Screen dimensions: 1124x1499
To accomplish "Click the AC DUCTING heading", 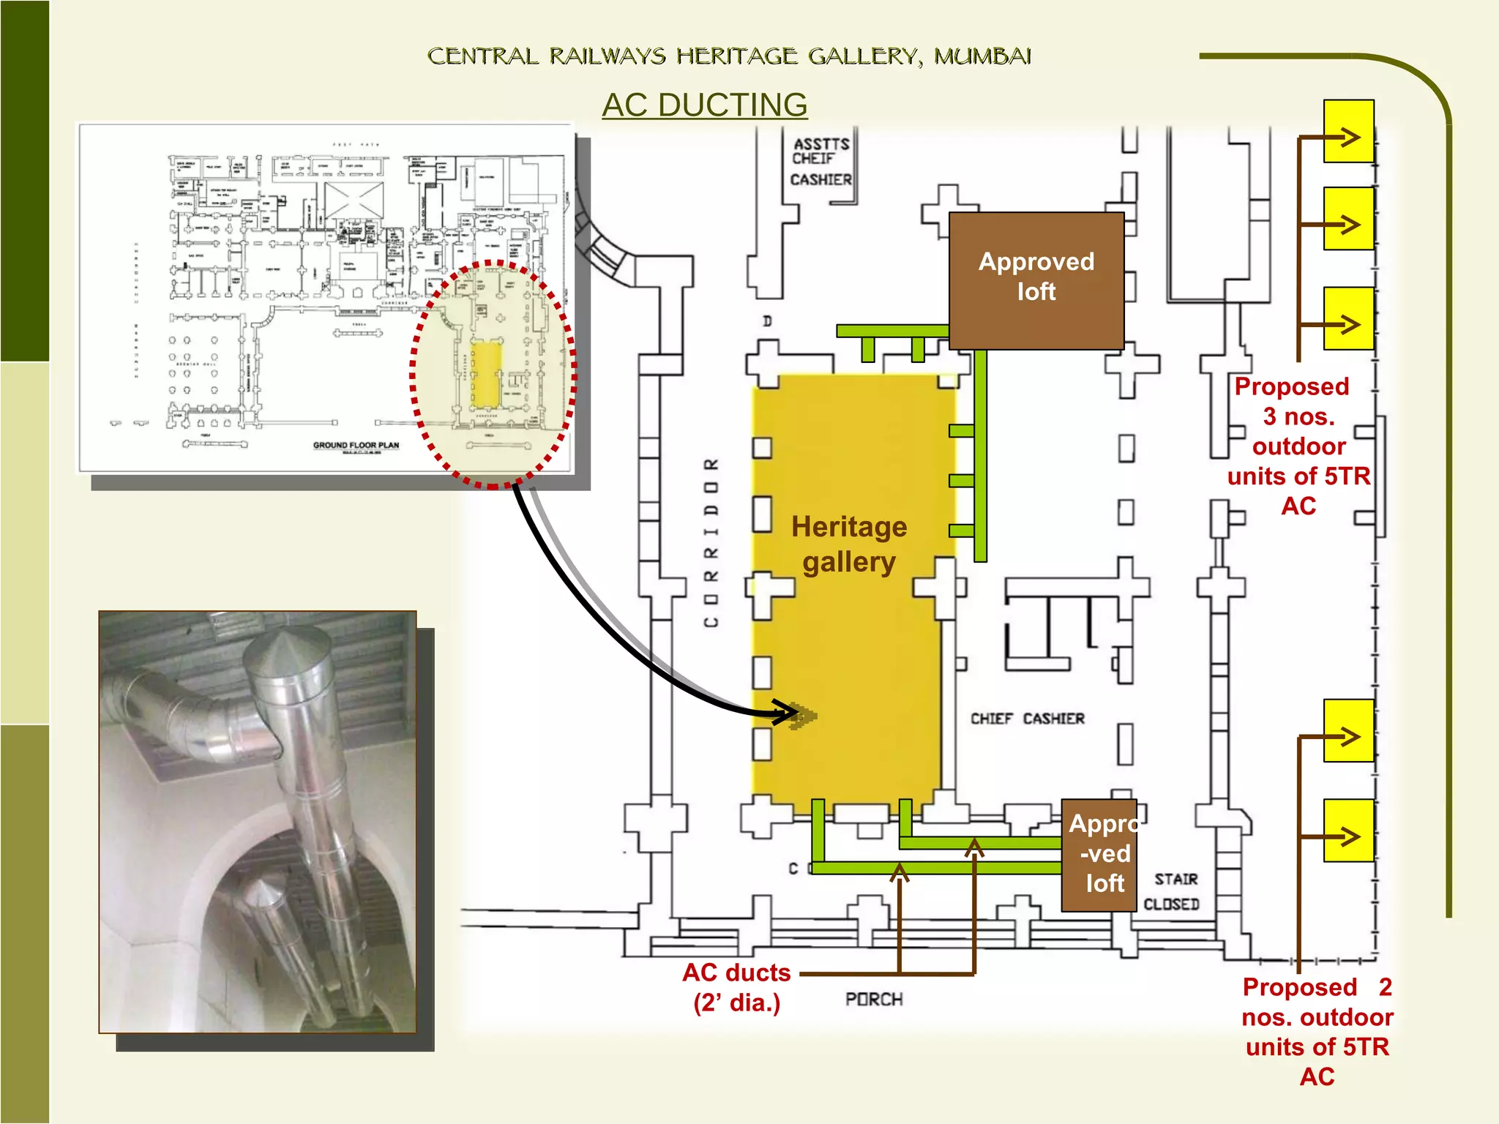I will [704, 105].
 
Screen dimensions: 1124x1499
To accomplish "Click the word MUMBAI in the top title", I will [982, 56].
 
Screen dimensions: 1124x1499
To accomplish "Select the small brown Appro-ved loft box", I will [1099, 854].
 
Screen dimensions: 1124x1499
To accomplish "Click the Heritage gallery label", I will [849, 544].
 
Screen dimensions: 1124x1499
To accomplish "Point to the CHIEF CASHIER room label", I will [1027, 719].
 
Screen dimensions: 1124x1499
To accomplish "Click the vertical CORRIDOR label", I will [711, 543].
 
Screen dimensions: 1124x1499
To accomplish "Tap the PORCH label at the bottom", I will [874, 1000].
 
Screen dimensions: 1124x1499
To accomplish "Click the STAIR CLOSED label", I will [1173, 891].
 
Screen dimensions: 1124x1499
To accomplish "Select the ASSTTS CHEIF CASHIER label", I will [821, 162].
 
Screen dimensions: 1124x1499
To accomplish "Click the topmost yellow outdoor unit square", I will [1348, 132].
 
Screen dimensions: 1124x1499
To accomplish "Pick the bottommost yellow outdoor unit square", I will [1348, 831].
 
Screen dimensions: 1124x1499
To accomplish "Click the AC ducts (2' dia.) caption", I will [736, 987].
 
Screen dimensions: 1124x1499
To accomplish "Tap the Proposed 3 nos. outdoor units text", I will [1298, 446].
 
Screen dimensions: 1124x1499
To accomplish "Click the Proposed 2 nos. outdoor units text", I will [1317, 1032].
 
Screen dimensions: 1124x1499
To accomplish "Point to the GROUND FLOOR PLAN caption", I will [356, 445].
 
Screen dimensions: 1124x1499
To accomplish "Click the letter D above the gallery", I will [767, 321].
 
